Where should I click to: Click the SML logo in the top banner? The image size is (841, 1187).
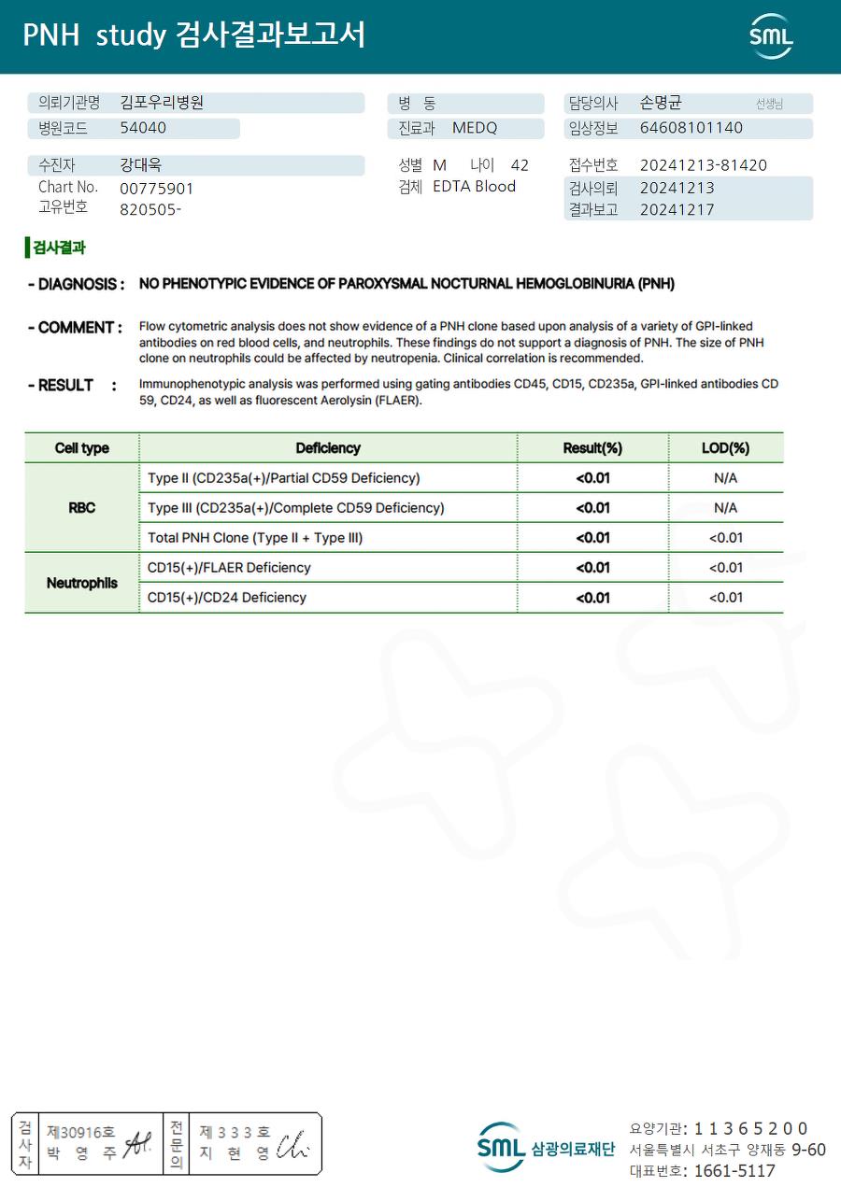pyautogui.click(x=771, y=36)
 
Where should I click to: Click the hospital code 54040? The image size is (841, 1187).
pyautogui.click(x=143, y=128)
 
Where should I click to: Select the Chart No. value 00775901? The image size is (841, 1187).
pyautogui.click(x=157, y=189)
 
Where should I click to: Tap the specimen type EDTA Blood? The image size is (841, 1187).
pyautogui.click(x=474, y=187)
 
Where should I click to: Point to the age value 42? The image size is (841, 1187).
pyautogui.click(x=520, y=165)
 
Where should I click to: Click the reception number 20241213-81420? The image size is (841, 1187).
pyautogui.click(x=703, y=165)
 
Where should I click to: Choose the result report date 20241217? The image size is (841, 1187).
pyautogui.click(x=677, y=209)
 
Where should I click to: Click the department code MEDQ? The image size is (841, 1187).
pyautogui.click(x=475, y=128)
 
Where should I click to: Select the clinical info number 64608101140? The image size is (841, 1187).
pyautogui.click(x=691, y=128)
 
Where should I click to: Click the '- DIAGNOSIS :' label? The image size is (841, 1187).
pyautogui.click(x=76, y=284)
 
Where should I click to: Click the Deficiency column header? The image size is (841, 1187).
pyautogui.click(x=328, y=448)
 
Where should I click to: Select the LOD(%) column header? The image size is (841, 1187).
pyautogui.click(x=725, y=448)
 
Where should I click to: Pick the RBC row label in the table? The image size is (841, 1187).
pyautogui.click(x=81, y=508)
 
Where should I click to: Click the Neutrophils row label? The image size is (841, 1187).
pyautogui.click(x=81, y=583)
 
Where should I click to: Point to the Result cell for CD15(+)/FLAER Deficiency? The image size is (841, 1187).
pyautogui.click(x=592, y=568)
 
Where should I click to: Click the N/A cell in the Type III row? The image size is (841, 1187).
pyautogui.click(x=725, y=508)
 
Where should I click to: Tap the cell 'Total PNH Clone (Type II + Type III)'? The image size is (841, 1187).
pyautogui.click(x=255, y=538)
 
